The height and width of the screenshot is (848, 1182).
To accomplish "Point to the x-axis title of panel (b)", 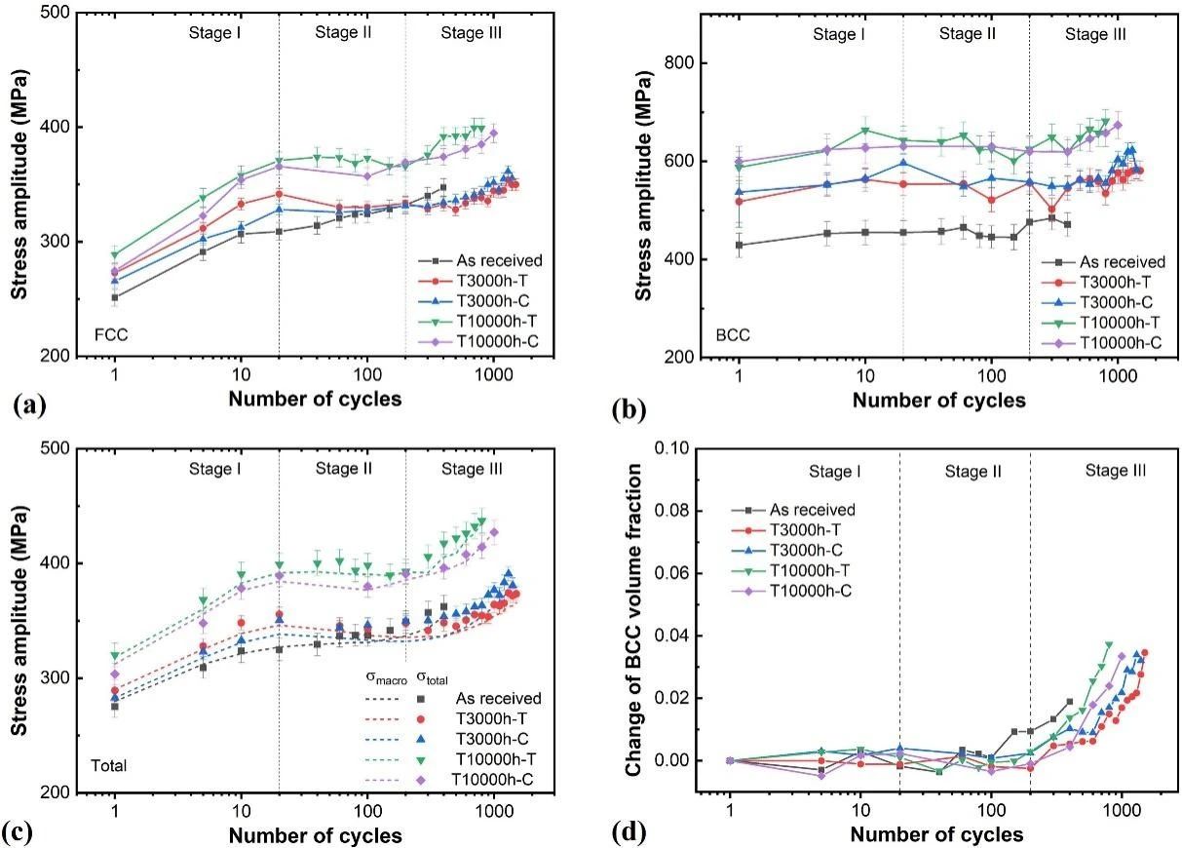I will click(938, 401).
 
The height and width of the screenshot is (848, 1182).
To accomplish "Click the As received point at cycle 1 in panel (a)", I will click(115, 298).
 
